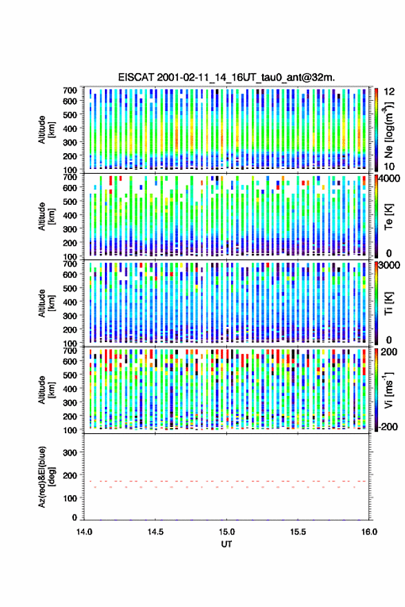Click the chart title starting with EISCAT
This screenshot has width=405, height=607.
(226, 77)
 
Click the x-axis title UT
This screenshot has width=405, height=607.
(226, 544)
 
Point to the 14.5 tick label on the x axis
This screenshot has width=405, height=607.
(155, 532)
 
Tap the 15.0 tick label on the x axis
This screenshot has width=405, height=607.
(226, 532)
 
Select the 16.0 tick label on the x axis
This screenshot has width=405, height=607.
(369, 532)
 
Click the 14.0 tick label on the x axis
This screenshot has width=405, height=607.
(84, 532)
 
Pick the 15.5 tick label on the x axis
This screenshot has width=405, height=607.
(298, 532)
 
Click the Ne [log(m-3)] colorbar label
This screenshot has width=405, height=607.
(389, 130)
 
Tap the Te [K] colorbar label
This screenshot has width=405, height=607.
(388, 217)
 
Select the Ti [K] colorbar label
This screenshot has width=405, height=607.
(388, 303)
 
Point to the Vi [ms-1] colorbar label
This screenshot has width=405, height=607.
(388, 390)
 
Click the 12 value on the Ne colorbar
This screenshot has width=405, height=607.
(389, 92)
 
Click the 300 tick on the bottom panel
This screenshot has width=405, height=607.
(70, 452)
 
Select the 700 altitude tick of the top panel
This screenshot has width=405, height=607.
(70, 90)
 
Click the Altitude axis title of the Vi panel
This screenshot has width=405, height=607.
(46, 390)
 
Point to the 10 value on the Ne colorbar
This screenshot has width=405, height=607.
(389, 166)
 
